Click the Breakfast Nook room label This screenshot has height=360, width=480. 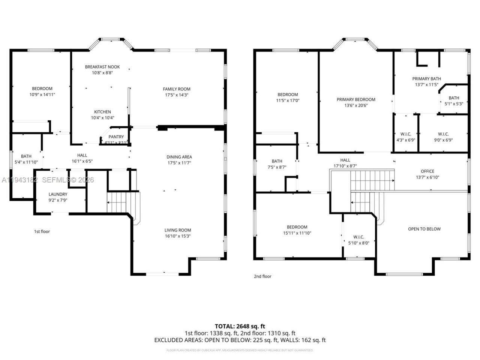pos(102,67)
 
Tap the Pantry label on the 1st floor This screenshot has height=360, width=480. pos(116,137)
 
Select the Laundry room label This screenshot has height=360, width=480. pos(58,194)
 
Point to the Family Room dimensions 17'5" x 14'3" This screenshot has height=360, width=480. pos(176,95)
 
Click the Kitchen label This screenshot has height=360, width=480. pos(102,112)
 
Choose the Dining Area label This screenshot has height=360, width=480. pos(179,157)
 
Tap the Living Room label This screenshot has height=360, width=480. pos(178,230)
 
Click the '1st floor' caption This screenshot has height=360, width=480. pos(42,231)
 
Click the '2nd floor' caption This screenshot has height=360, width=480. pos(262,276)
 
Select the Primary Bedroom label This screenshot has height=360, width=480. pos(356,99)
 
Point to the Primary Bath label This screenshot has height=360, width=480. pos(426,79)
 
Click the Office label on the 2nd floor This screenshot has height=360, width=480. pos(427,171)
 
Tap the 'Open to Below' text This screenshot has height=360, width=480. pos(424,229)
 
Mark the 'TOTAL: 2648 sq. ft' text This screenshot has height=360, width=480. pos(240,326)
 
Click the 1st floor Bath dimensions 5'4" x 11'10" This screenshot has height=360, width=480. pos(26,162)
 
